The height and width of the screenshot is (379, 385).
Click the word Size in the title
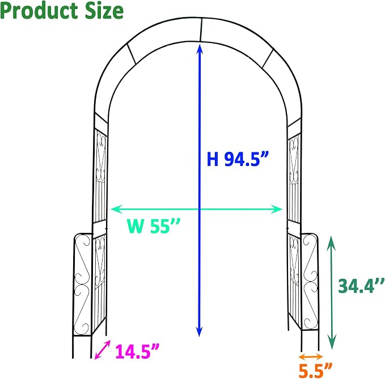[x=104, y=11]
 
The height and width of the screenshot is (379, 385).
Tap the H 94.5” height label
[x=238, y=159]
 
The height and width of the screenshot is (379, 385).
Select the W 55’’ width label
[x=154, y=225]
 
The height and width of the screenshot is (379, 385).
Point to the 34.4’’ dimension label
[x=361, y=286]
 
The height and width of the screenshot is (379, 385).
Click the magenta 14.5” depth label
[x=137, y=351]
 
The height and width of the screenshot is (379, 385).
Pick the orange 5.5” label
[x=315, y=371]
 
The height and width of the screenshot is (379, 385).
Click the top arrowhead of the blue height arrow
[x=200, y=48]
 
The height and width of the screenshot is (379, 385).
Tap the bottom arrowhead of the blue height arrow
[x=200, y=332]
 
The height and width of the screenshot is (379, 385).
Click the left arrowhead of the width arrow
[x=116, y=209]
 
